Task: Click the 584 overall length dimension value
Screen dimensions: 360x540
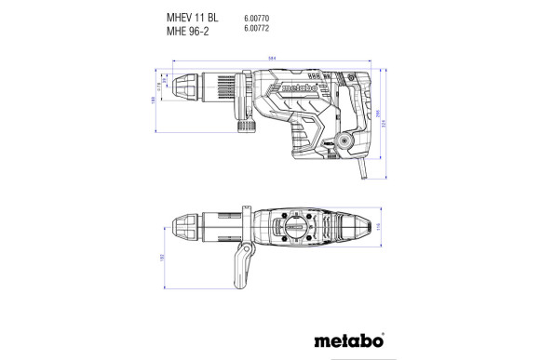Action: coord(272,60)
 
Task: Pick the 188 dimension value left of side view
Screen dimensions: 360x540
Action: coord(153,101)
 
